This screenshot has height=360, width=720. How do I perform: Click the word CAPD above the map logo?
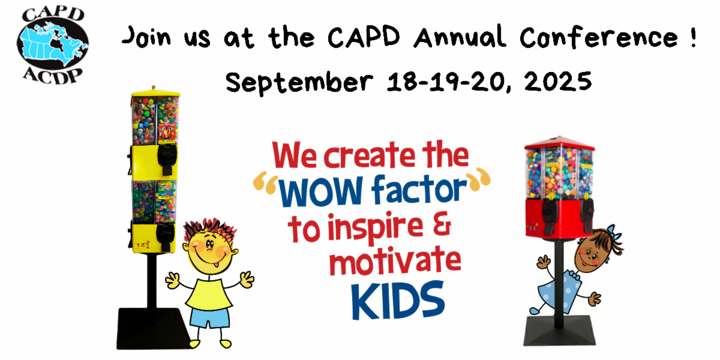53,14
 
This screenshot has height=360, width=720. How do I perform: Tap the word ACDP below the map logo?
53,76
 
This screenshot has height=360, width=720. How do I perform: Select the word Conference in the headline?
599,38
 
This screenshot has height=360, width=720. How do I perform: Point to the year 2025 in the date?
558,82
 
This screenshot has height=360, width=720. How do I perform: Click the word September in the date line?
299,83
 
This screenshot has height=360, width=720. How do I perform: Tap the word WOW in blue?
320,191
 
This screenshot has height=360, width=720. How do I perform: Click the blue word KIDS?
398,301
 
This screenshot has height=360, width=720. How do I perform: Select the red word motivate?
395,261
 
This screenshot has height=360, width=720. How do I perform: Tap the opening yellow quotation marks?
265,182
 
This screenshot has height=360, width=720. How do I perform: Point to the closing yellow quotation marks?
478,178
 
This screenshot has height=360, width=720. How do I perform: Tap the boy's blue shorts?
209,317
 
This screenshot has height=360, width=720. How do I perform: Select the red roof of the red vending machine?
559,143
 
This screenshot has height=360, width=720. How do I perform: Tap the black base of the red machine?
559,331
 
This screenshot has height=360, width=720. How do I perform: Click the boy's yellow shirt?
209,294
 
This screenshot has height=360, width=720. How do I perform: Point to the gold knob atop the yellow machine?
154,88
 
